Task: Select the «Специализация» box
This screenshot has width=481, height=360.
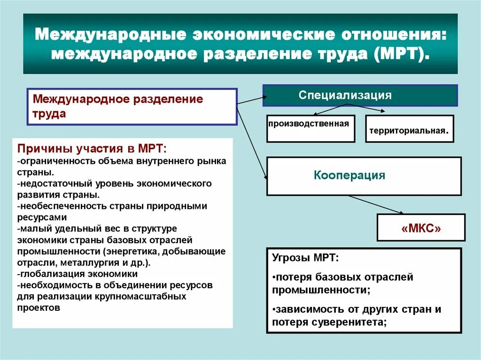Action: [345, 95]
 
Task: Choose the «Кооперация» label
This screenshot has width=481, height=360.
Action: [349, 176]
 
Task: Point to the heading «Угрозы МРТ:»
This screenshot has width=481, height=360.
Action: [305, 259]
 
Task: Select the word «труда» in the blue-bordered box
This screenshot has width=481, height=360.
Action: [49, 114]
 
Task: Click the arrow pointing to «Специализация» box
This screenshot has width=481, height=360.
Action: [251, 99]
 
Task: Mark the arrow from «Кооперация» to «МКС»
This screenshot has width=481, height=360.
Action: [376, 206]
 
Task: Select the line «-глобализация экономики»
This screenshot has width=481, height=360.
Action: [78, 274]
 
